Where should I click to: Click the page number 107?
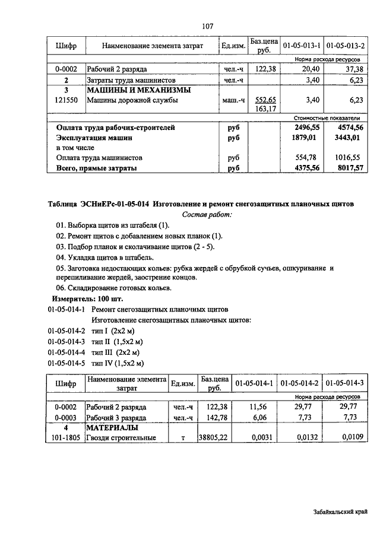click(x=207, y=26)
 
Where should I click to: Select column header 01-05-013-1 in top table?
click(x=302, y=46)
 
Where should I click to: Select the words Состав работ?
click(x=207, y=214)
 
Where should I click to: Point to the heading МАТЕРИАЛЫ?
click(x=112, y=427)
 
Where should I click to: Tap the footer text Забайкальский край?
click(x=339, y=511)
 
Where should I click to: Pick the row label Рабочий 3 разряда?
click(x=116, y=418)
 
